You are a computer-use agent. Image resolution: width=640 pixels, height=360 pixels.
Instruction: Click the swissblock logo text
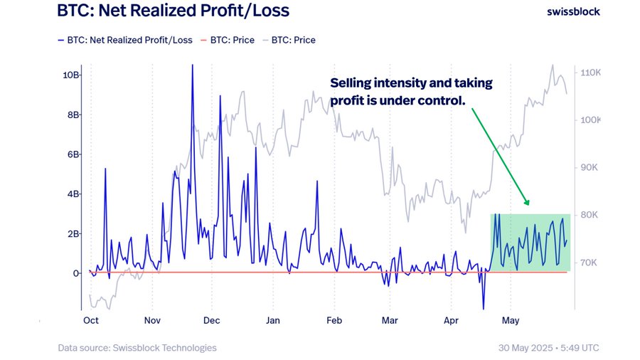tap(573, 12)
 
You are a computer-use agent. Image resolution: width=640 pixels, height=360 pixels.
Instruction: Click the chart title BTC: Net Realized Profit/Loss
tap(174, 11)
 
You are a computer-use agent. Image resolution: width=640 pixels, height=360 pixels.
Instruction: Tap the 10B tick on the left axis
tap(71, 75)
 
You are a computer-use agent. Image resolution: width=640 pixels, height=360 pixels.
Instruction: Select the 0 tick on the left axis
tap(75, 273)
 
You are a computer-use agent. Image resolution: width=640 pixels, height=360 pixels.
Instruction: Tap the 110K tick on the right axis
tap(591, 73)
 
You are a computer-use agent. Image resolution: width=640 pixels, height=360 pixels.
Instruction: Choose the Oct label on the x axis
tap(90, 321)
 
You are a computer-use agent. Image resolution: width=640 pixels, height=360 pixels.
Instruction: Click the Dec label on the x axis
tap(212, 321)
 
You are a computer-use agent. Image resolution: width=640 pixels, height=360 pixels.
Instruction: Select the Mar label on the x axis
tap(389, 321)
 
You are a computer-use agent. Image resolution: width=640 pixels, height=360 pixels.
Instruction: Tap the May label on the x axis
tap(510, 321)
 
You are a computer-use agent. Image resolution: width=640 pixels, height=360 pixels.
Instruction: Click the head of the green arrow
tap(527, 204)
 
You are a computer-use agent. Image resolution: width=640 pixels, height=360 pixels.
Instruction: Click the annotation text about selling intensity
tap(411, 92)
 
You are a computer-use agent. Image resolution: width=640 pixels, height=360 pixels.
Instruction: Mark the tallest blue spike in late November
tap(192, 66)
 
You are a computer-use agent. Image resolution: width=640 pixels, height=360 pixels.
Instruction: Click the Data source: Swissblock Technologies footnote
tap(137, 348)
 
